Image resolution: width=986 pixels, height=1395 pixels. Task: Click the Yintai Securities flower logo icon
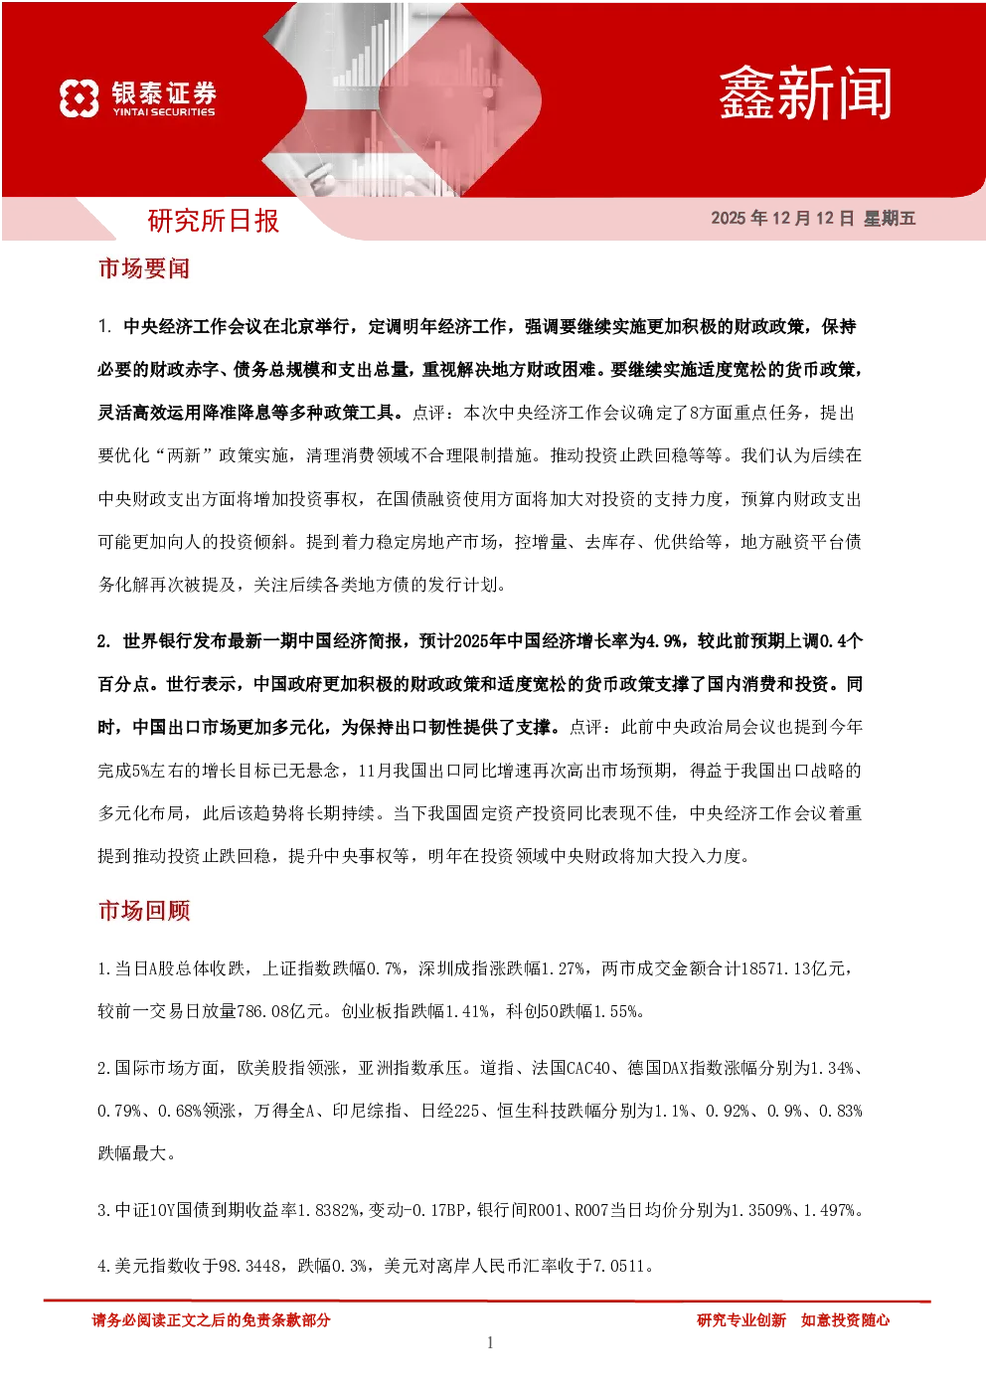tap(80, 98)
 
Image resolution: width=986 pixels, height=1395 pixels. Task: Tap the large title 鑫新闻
tap(805, 94)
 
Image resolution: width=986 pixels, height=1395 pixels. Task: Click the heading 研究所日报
tap(214, 221)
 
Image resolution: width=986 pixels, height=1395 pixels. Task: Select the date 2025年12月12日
tap(782, 218)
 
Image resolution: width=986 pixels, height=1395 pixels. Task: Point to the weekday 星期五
tap(890, 218)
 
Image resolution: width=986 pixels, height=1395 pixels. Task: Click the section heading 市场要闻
tap(144, 268)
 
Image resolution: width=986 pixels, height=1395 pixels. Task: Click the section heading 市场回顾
tap(144, 911)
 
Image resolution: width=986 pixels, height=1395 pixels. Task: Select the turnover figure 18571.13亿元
tap(793, 968)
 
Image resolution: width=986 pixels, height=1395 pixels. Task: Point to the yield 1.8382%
tap(328, 1210)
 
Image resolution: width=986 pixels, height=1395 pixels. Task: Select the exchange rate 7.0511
tap(619, 1266)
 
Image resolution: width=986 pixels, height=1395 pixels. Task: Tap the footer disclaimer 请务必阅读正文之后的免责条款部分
tap(211, 1320)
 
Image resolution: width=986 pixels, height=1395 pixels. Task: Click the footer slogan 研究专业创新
tap(741, 1320)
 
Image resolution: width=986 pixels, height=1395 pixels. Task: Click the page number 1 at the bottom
tap(490, 1342)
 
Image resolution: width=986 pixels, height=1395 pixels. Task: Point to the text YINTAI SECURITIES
tap(164, 112)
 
